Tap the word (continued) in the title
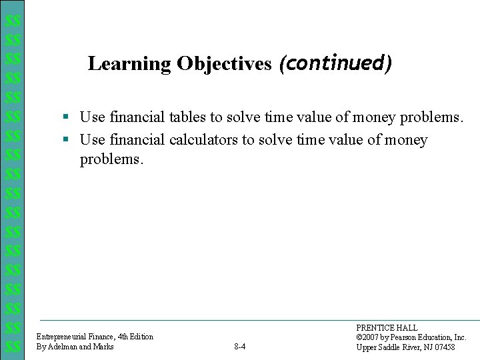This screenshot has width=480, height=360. pyautogui.click(x=335, y=63)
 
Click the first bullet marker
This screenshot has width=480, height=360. pyautogui.click(x=66, y=118)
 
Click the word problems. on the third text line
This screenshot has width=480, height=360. pyautogui.click(x=111, y=160)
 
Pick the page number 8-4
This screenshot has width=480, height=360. pyautogui.click(x=240, y=347)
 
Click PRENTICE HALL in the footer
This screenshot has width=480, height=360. pyautogui.click(x=387, y=328)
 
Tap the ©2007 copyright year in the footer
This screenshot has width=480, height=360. pyautogui.click(x=370, y=337)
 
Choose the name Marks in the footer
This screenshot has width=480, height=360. pyautogui.click(x=103, y=347)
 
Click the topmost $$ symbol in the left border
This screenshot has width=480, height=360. pyautogui.click(x=11, y=21)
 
